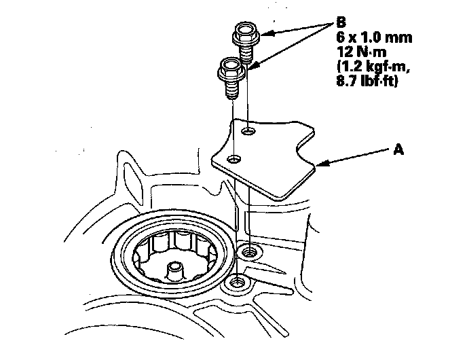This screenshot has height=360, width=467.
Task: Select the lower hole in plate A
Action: click(235, 159)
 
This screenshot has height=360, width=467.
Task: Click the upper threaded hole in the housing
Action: click(249, 253)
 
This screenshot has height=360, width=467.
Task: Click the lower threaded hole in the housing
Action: click(238, 281)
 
